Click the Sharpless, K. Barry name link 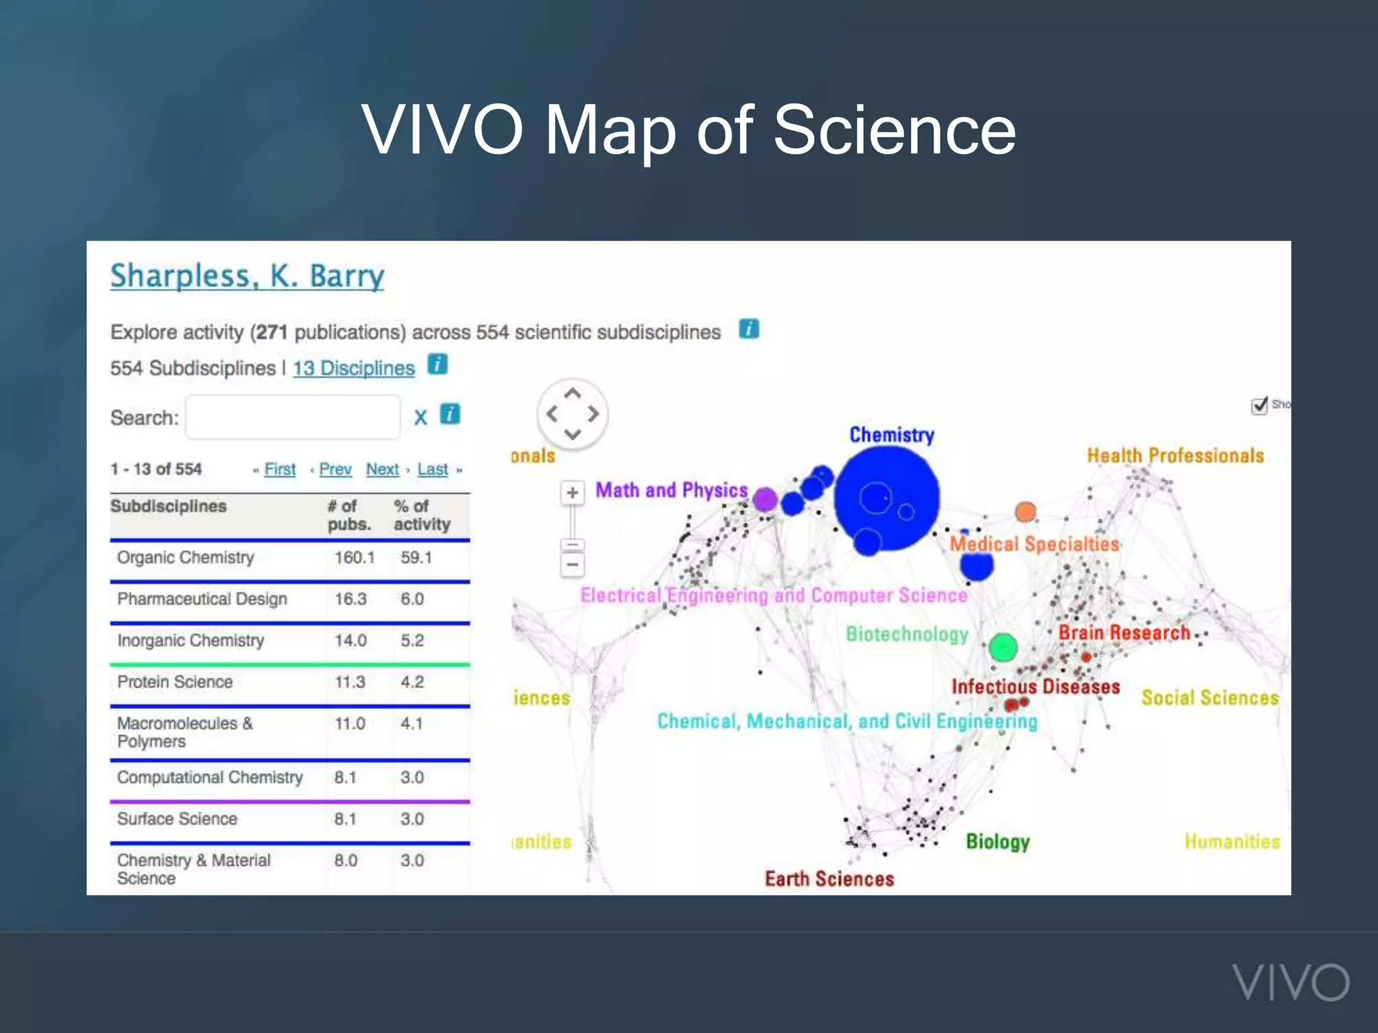(x=247, y=276)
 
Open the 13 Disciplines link (x=353, y=369)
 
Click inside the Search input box (x=293, y=418)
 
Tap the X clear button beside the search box (x=421, y=418)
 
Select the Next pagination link (x=382, y=469)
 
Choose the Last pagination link (x=433, y=469)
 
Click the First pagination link (x=280, y=469)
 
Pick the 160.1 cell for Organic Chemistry (x=355, y=558)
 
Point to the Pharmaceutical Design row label (x=202, y=599)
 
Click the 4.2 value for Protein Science (x=412, y=682)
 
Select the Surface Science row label (x=177, y=818)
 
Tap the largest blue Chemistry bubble (x=887, y=498)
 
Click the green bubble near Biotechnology (x=1003, y=647)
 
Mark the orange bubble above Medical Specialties (x=1025, y=512)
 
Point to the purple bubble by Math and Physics (x=765, y=500)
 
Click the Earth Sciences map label (x=829, y=879)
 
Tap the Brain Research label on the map (x=1124, y=633)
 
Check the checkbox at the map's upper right (x=1259, y=406)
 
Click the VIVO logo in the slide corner (x=1291, y=983)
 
